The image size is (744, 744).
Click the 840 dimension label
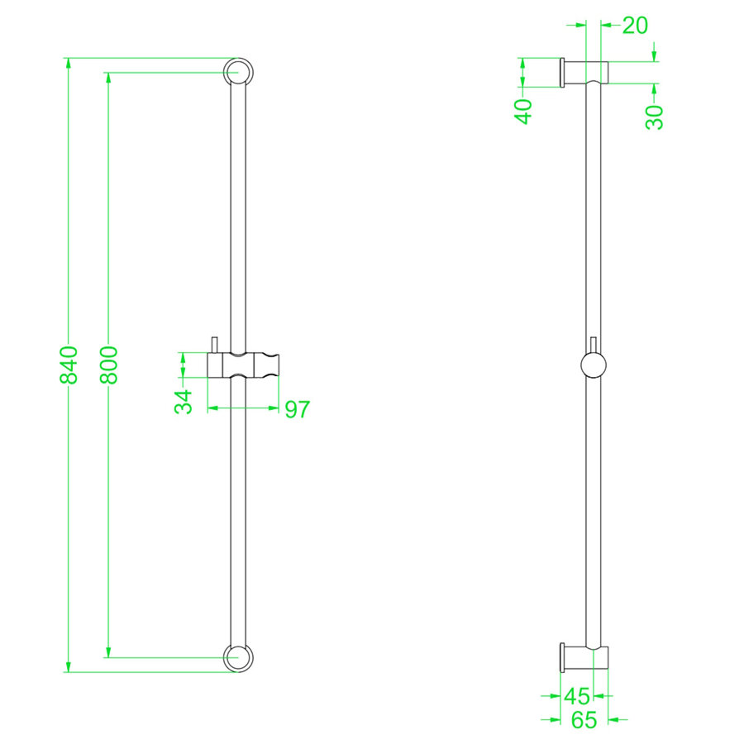[x=69, y=365]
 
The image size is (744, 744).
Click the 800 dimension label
[x=109, y=365]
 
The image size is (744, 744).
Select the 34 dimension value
[x=184, y=401]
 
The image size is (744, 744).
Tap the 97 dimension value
[x=297, y=409]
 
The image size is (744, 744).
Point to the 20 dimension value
[x=635, y=26]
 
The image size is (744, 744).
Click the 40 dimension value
[x=523, y=110]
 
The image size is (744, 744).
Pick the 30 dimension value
[x=655, y=117]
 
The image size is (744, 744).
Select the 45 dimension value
[x=578, y=695]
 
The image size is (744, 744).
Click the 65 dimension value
[x=584, y=720]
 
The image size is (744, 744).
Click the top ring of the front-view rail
[x=238, y=73]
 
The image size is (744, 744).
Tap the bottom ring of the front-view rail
[x=238, y=657]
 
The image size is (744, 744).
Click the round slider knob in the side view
[x=594, y=365]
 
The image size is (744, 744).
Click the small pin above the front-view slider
[x=214, y=345]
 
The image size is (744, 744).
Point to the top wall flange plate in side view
[x=562, y=74]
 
